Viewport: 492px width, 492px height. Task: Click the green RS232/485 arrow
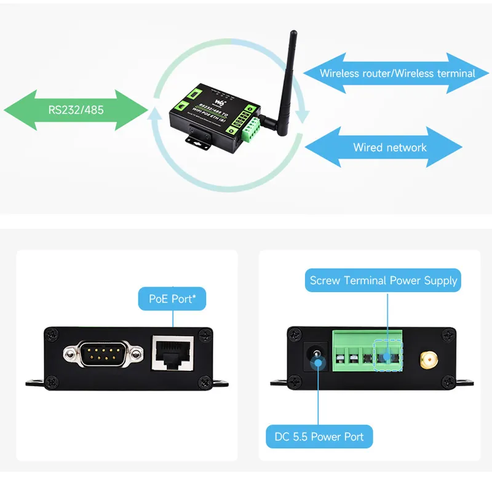76,111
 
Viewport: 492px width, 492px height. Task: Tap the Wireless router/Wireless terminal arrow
397,73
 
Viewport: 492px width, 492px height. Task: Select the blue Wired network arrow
384,148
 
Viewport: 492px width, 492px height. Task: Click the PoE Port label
172,300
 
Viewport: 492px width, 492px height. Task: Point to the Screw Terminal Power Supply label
383,281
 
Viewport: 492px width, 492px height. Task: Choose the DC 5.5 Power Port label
319,437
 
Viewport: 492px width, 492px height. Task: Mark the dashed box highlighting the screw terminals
387,356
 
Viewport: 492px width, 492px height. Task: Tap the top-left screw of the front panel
52,335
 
